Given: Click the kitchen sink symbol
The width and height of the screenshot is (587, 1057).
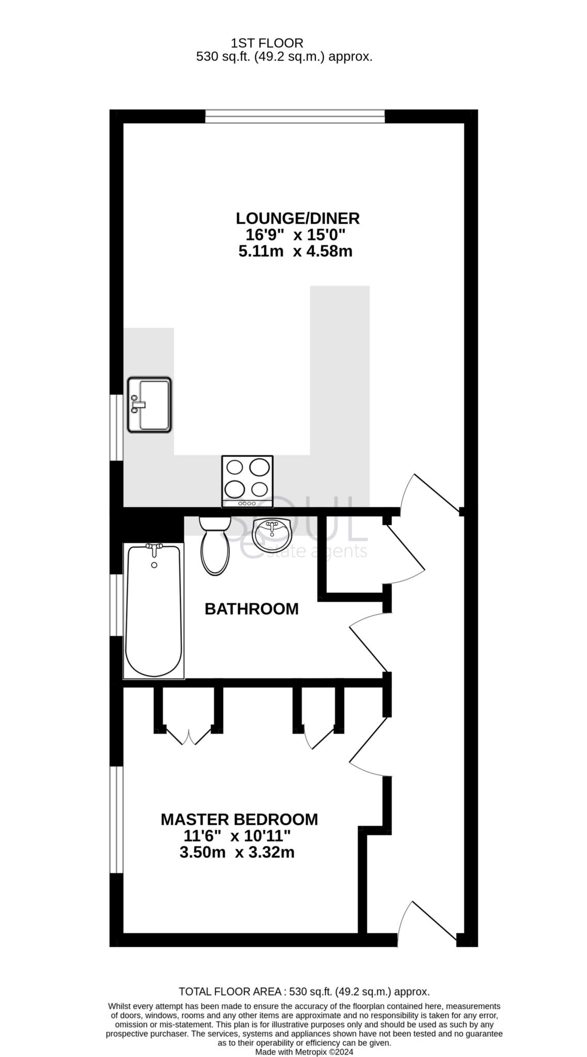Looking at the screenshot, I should coord(149,405).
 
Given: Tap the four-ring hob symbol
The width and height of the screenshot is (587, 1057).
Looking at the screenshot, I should coord(247,481).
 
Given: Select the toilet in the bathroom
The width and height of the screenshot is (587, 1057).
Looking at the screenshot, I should coord(215,546).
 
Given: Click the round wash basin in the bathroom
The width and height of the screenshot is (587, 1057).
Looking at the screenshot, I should coord(273,535).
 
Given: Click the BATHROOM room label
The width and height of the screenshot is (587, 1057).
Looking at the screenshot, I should coord(251,609).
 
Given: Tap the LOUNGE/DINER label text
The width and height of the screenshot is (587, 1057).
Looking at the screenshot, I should coord(297,218).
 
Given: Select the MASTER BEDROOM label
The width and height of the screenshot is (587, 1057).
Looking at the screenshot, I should coord(239,819).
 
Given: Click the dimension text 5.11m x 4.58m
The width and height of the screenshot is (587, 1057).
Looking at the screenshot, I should coord(295,252).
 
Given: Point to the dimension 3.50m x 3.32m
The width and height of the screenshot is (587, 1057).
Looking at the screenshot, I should coord(237,852).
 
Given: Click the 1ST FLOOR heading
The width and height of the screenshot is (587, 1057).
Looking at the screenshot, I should coord(267,43).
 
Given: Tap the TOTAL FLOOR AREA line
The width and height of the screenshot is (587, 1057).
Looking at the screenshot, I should coord(304,991).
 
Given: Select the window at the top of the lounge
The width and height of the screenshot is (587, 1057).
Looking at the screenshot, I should coord(295,117).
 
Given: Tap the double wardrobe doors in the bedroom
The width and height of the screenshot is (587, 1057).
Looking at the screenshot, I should coord(189,737).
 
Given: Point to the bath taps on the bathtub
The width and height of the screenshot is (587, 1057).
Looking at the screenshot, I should coord(154,548).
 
